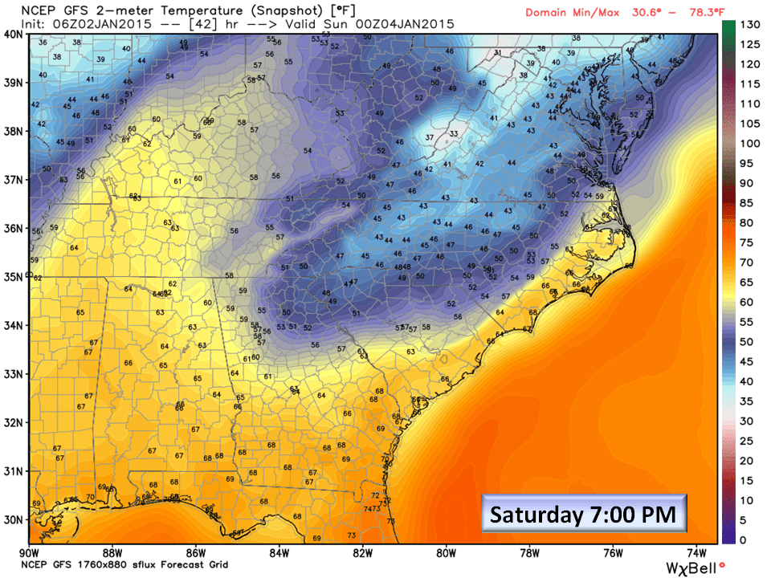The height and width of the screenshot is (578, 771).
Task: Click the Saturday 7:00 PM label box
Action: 584,512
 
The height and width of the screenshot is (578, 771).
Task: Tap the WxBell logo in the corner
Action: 695,567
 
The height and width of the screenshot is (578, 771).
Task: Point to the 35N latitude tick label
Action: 14,277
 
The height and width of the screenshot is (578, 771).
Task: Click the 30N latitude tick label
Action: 14,519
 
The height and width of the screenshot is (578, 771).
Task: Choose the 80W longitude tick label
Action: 447,552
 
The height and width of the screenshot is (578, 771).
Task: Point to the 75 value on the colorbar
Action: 748,242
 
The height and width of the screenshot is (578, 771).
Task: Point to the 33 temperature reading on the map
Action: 454,134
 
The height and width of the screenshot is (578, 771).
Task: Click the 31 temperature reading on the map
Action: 498,53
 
